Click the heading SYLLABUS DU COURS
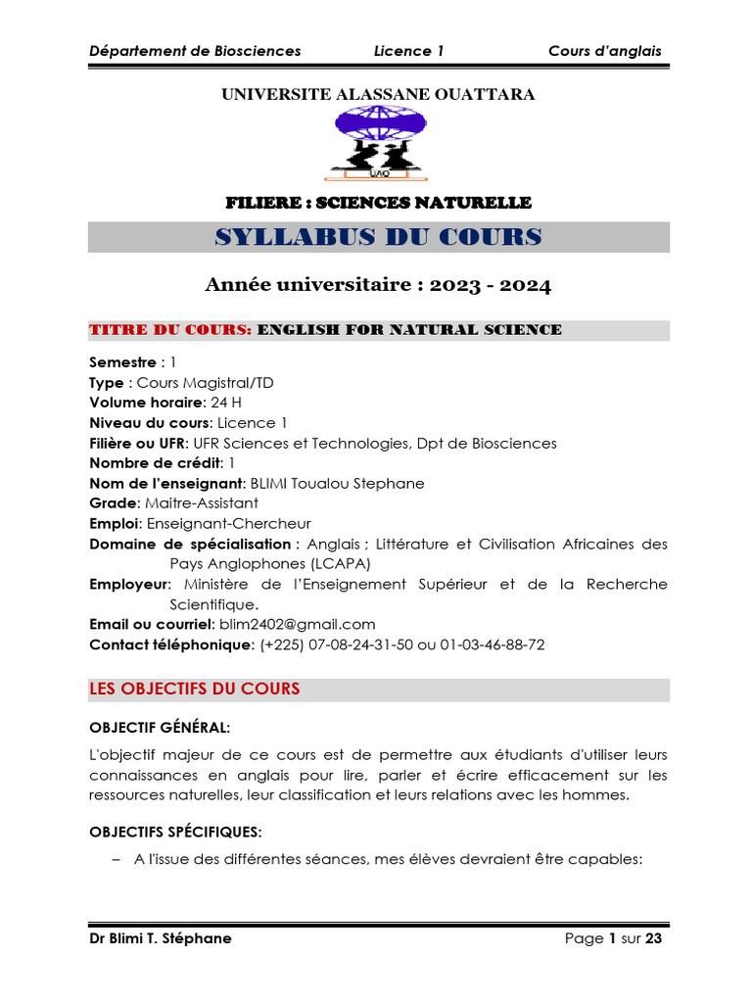point(378,237)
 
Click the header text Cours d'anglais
point(604,51)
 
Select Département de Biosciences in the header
point(195,51)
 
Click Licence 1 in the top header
point(408,51)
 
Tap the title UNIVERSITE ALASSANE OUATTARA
point(378,94)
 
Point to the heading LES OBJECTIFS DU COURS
point(195,690)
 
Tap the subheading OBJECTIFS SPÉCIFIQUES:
point(175,833)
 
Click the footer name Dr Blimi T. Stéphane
point(161,938)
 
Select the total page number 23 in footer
point(654,938)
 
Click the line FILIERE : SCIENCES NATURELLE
point(378,203)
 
